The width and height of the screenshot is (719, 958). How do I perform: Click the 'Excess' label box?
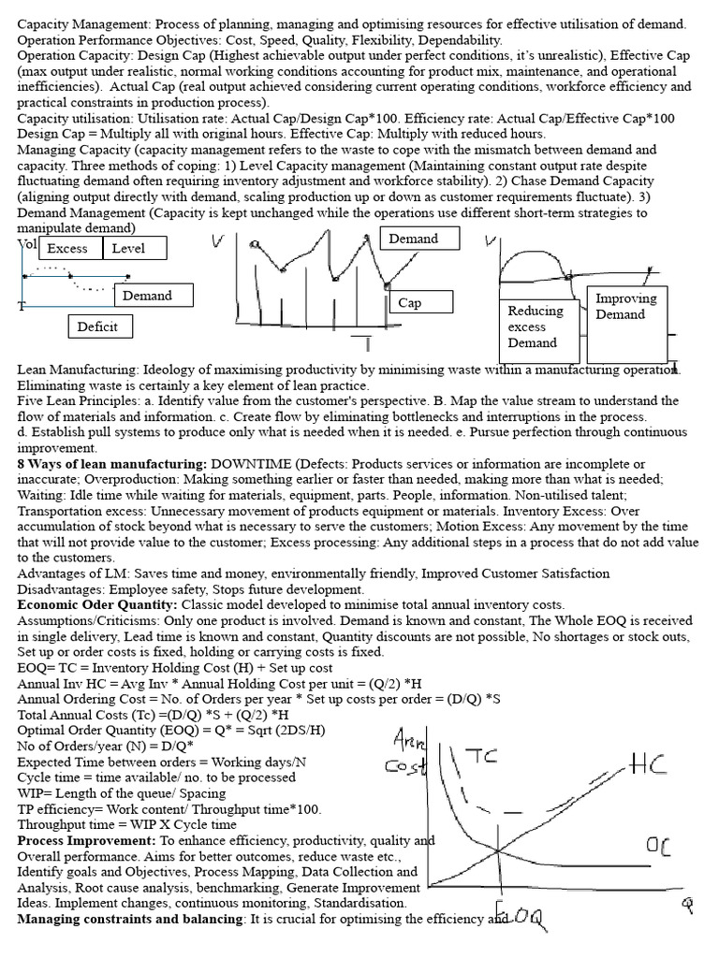click(x=67, y=248)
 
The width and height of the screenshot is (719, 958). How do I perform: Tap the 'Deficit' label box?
click(x=99, y=326)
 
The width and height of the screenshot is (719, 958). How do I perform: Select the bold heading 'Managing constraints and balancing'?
click(x=130, y=919)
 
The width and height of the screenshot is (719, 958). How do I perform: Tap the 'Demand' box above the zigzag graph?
click(x=413, y=239)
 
